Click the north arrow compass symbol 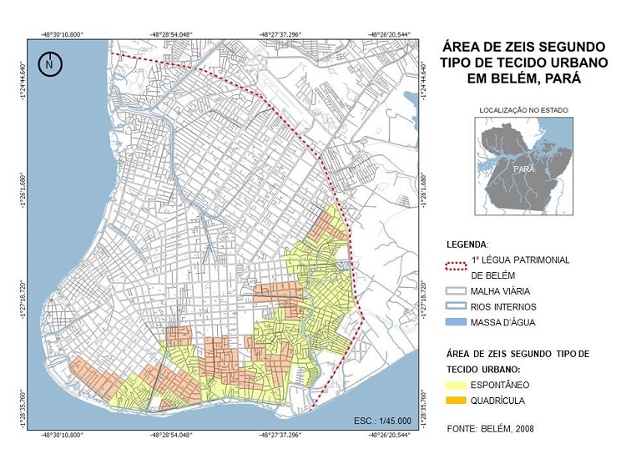[x=51, y=64]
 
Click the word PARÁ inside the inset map [x=524, y=169]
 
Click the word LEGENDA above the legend [x=465, y=245]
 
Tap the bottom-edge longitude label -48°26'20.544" [x=386, y=436]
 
